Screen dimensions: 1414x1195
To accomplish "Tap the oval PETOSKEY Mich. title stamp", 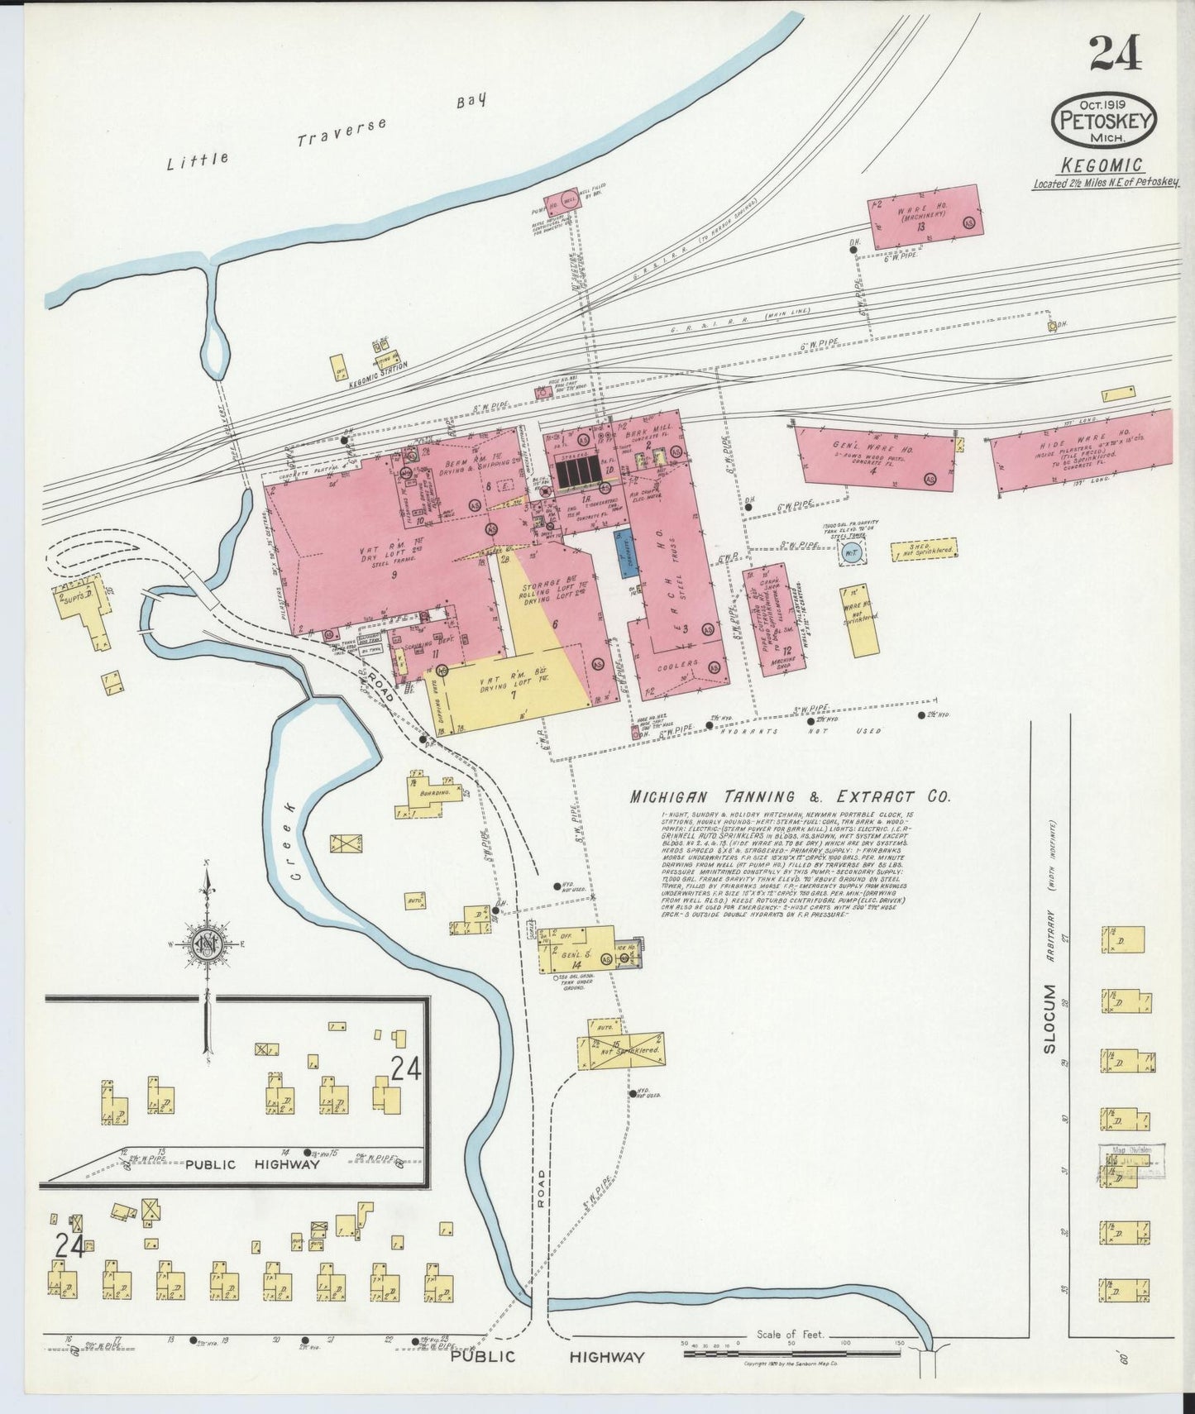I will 1103,121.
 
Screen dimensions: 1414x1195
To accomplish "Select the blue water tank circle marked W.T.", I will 851,553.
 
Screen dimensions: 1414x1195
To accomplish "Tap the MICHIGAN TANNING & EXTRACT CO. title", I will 789,797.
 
